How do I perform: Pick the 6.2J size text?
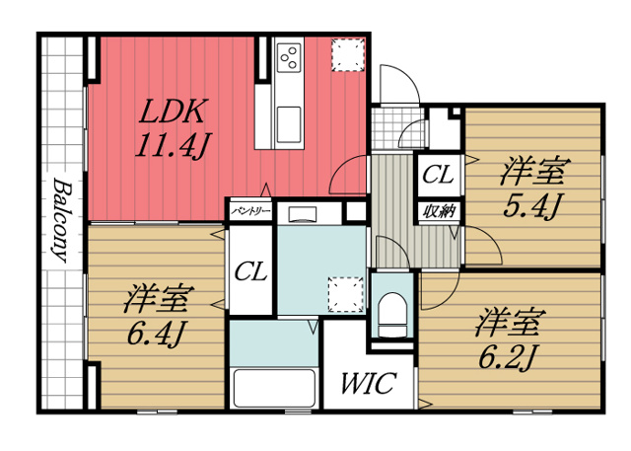pyautogui.click(x=509, y=357)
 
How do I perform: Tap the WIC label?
pyautogui.click(x=369, y=383)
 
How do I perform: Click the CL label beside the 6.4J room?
pyautogui.click(x=252, y=272)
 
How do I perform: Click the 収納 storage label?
pyautogui.click(x=438, y=209)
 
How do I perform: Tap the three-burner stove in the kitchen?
pyautogui.click(x=290, y=57)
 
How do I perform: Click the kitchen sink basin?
pyautogui.click(x=290, y=123)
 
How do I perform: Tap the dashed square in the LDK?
pyautogui.click(x=348, y=54)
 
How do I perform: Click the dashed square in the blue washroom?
pyautogui.click(x=344, y=292)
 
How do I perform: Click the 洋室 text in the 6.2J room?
pyautogui.click(x=510, y=322)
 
